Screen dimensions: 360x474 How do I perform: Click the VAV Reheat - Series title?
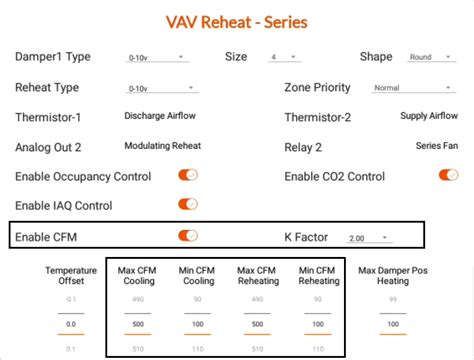237,21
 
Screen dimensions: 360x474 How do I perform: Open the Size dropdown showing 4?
285,58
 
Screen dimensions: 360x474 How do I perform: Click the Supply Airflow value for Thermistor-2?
428,117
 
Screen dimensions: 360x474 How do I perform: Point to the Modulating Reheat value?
162,146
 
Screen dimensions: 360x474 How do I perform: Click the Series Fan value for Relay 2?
437,146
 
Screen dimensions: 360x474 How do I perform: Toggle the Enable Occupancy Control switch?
188,176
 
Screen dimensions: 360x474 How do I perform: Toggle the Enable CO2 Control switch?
448,176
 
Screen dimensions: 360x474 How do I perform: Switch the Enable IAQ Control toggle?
188,205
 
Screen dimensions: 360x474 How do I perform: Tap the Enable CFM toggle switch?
188,236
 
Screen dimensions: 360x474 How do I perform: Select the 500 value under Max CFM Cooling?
139,325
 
